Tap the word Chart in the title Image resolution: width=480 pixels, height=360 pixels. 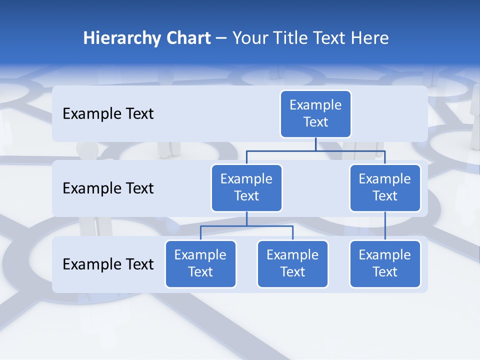coord(187,38)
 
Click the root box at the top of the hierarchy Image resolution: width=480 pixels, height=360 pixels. coord(315,113)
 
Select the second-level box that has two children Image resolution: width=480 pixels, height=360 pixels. coord(246,187)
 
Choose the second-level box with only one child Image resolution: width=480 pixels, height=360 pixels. coord(385,187)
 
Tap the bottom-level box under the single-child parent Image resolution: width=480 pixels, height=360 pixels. coord(385,263)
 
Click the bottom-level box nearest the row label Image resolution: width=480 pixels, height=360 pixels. coord(200,263)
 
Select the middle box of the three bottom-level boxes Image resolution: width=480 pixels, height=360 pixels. coord(292,263)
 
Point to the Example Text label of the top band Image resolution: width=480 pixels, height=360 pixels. coord(108,113)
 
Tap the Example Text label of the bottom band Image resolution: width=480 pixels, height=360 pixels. coord(108,264)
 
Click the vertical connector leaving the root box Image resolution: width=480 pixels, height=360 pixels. coord(315,144)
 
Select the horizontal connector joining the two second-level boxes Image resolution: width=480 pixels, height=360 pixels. coord(315,150)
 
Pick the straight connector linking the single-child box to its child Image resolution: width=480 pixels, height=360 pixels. coord(385,225)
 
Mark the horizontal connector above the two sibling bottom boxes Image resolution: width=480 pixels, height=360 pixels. coord(246,226)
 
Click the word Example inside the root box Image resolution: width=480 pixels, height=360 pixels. coord(315,105)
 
